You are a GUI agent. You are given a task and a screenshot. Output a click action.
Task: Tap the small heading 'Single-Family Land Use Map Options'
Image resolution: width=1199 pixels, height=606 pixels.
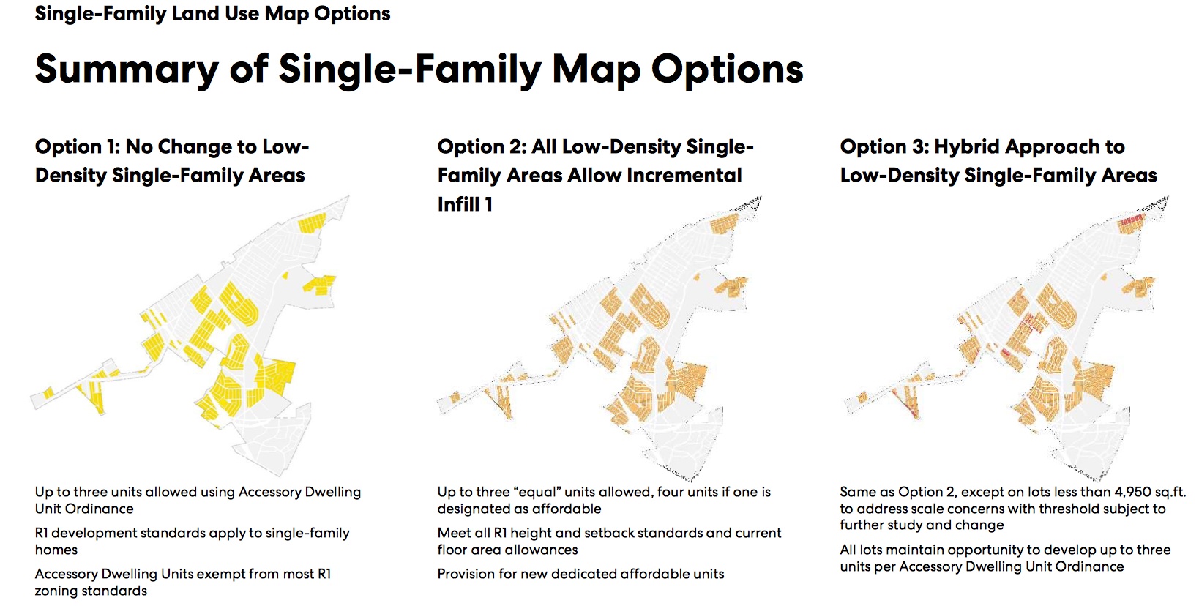tap(212, 13)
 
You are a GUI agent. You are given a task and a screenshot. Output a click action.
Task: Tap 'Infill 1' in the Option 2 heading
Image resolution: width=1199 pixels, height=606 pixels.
tap(465, 204)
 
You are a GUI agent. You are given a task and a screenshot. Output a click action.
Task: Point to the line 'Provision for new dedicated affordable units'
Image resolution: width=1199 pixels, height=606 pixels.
tap(580, 574)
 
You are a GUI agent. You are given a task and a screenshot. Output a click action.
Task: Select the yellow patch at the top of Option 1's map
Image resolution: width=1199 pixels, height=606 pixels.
tap(312, 222)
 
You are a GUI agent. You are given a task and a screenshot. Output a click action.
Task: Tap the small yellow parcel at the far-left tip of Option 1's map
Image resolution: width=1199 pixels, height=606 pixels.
tap(48, 394)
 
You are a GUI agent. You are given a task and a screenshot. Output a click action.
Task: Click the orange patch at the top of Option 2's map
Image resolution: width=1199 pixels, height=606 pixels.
tap(724, 223)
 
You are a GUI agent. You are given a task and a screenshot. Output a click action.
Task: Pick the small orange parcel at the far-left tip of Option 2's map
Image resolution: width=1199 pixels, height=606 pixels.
tap(455, 397)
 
